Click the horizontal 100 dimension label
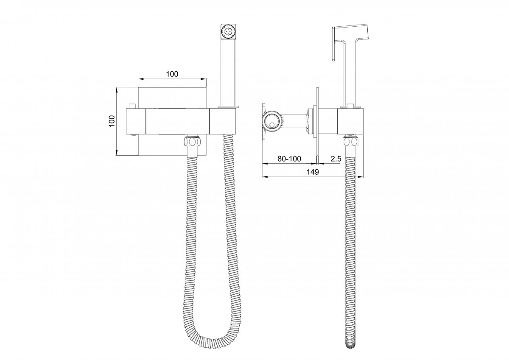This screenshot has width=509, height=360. coord(172,74)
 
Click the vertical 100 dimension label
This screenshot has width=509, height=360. coord(112,121)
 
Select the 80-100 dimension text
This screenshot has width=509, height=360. coord(289,159)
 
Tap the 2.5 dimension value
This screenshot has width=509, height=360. coord(336,159)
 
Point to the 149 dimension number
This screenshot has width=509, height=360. coord(313,172)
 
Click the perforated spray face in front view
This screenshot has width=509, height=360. coord(228,31)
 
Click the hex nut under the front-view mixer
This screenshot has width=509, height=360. coord(193,142)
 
